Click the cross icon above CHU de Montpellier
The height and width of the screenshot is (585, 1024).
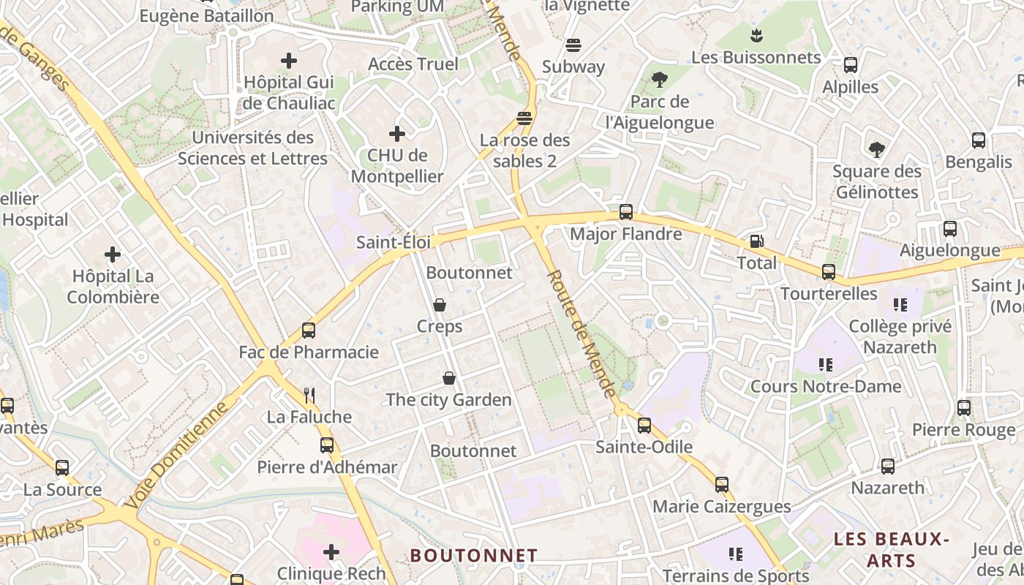coord(397,134)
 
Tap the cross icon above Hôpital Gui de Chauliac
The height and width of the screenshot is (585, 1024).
coord(289,61)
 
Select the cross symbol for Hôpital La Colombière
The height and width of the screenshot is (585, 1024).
coord(113,254)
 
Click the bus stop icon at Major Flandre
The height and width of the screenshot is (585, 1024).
coord(626,212)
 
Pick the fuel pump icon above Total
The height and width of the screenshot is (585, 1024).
coord(756,241)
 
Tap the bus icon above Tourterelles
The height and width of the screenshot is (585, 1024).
coord(829,272)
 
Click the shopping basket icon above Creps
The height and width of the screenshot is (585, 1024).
coord(440,304)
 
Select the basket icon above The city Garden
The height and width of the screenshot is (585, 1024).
coord(448,378)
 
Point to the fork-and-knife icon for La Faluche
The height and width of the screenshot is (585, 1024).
coord(309,396)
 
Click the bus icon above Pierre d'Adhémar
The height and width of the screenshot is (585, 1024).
coord(327,445)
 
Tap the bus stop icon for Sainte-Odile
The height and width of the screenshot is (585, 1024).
coord(644,425)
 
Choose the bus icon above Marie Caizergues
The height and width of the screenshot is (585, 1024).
coord(722,484)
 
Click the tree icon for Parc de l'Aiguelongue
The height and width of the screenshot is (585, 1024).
coord(660,79)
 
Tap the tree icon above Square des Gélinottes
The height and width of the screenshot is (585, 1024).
coord(876,150)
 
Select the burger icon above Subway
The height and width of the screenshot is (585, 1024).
coord(573,45)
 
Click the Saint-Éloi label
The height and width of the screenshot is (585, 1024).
coord(394,242)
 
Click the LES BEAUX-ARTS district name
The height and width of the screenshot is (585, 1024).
coord(891,550)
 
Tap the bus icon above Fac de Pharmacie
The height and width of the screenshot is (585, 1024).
coord(309,331)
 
